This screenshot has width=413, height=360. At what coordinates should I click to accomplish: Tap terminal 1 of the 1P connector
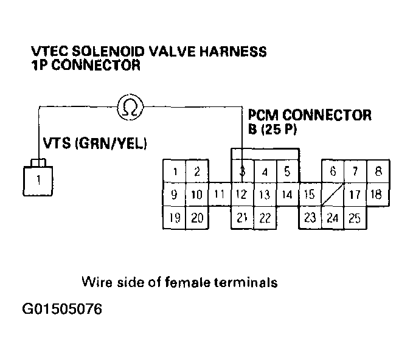tap(38, 179)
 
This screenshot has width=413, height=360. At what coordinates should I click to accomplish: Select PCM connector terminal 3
tap(242, 172)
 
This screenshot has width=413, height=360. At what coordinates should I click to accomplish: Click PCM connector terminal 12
tap(242, 195)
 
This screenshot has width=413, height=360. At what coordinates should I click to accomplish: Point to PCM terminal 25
tap(355, 218)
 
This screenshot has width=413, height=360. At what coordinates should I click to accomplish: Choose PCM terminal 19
tap(175, 218)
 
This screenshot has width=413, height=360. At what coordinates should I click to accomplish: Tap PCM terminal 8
tap(378, 172)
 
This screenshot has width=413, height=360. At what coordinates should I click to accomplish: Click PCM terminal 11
tap(220, 195)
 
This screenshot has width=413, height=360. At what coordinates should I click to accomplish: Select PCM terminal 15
tap(310, 195)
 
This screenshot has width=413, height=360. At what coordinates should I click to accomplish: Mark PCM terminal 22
tap(265, 218)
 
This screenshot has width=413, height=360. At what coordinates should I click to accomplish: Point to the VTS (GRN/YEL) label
tap(94, 144)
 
